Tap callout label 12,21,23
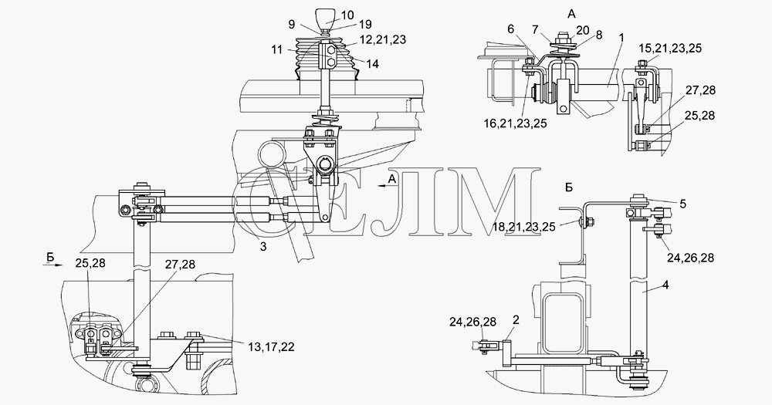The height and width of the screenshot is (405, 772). pyautogui.click(x=383, y=40)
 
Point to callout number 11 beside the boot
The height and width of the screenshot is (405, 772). pyautogui.click(x=276, y=49)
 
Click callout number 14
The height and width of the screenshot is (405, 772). pyautogui.click(x=373, y=64)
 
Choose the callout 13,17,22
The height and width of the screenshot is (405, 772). pyautogui.click(x=271, y=347)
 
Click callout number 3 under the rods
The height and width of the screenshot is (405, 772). pyautogui.click(x=263, y=247)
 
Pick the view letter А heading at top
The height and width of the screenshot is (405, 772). pyautogui.click(x=571, y=14)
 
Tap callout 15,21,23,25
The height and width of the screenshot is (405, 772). pyautogui.click(x=670, y=49)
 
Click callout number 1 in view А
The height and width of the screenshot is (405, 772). pyautogui.click(x=621, y=37)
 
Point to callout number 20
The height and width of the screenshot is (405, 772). pyautogui.click(x=582, y=31)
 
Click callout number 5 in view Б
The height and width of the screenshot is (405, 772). pyautogui.click(x=682, y=204)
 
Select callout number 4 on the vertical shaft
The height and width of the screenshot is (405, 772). pyautogui.click(x=665, y=285)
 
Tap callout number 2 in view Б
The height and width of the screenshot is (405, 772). pyautogui.click(x=516, y=320)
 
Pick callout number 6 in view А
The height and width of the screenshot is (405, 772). pyautogui.click(x=510, y=29)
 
